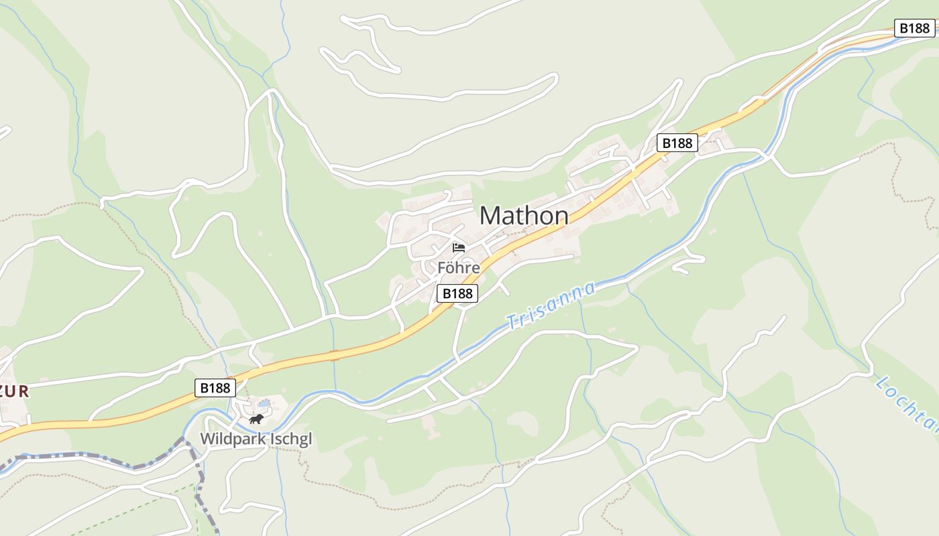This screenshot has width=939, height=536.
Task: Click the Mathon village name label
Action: tap(524, 216)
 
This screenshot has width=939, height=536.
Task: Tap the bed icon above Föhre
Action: tap(459, 248)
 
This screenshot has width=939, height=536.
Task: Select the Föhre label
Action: tap(459, 268)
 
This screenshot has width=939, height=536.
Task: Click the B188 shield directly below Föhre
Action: tap(457, 293)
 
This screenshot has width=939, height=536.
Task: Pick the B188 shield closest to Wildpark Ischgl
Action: tap(215, 388)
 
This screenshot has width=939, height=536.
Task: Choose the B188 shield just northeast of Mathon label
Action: tap(677, 143)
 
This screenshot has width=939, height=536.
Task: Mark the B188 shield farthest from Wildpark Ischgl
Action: tap(914, 28)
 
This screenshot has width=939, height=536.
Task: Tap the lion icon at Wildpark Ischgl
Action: tap(256, 419)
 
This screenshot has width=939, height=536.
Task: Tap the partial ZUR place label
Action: tap(15, 392)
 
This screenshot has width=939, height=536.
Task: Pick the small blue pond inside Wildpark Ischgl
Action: tap(264, 404)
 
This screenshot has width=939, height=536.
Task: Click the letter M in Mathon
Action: tap(490, 216)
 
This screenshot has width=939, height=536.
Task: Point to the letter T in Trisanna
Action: tap(512, 322)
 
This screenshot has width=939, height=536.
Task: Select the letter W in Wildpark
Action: tap(207, 440)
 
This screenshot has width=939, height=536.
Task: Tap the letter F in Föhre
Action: tap(441, 268)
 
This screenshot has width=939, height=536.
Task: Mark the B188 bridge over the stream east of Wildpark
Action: tap(333, 354)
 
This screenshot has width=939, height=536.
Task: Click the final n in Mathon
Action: tap(561, 216)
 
